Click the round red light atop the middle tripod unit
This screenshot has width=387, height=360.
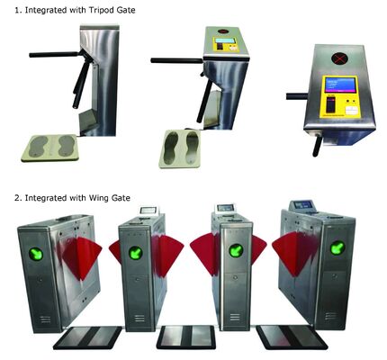point(222,40)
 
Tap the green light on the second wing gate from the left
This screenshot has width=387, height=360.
point(135,252)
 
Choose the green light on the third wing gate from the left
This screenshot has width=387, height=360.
point(236,251)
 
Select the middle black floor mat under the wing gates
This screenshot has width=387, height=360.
point(185,337)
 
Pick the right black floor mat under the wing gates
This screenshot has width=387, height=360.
point(285,335)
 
